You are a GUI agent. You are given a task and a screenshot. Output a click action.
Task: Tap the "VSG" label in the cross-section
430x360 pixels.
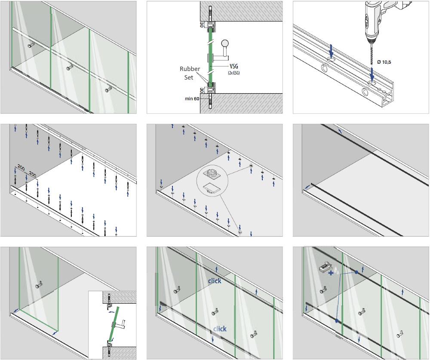233,67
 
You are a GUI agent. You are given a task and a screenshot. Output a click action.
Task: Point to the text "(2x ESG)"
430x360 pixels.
233,73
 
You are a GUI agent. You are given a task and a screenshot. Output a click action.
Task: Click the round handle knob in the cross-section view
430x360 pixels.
225,44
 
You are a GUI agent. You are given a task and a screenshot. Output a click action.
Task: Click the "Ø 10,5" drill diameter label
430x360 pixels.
383,62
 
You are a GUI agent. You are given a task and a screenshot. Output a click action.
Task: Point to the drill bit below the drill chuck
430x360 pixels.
372,60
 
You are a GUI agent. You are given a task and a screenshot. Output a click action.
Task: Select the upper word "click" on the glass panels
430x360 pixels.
215,281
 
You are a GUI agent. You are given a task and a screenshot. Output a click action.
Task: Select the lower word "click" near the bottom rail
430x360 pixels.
220,329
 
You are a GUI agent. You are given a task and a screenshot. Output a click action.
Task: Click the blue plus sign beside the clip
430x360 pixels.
331,273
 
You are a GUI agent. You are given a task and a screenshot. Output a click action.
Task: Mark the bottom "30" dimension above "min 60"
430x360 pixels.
201,89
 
